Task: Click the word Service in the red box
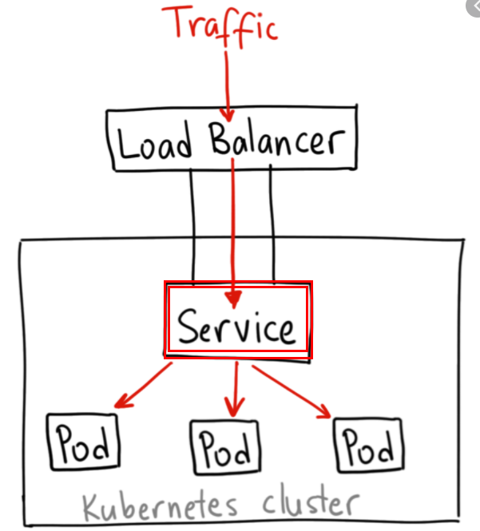236,327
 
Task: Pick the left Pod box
83,441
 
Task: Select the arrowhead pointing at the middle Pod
232,409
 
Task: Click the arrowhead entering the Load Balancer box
228,113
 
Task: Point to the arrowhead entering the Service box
233,299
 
